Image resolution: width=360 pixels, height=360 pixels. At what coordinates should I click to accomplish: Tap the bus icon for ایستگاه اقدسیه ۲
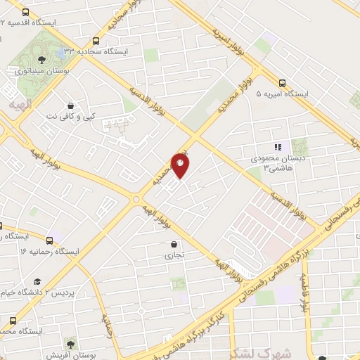coord(26,12)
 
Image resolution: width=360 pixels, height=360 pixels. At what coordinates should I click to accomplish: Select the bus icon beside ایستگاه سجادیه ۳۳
coord(96,41)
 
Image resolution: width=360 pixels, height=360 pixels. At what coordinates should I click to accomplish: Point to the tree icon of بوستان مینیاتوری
coord(41,58)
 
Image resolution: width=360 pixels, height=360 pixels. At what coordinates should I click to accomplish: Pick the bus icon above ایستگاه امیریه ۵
coord(282,82)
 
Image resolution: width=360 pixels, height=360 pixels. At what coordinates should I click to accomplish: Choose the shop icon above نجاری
coord(173,244)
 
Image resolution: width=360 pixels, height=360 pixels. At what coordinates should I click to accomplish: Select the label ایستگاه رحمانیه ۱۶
coord(50,251)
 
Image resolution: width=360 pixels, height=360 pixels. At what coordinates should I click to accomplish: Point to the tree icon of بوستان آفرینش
coord(70,342)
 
